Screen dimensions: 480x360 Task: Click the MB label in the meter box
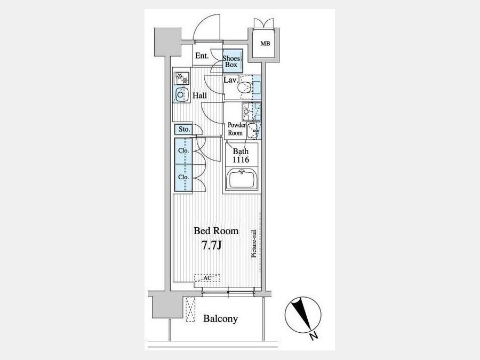click(x=265, y=44)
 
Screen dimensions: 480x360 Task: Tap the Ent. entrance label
click(x=202, y=55)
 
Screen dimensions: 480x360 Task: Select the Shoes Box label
click(x=231, y=61)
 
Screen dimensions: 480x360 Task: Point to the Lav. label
click(x=231, y=80)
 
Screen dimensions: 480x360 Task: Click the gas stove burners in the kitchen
click(x=181, y=78)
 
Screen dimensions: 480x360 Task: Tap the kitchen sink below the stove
click(x=181, y=94)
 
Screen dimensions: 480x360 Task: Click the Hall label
click(x=199, y=95)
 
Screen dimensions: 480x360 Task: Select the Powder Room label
click(x=236, y=129)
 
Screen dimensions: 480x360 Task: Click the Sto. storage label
click(x=184, y=129)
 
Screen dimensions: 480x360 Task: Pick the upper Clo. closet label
click(x=183, y=150)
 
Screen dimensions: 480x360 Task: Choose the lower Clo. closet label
click(x=183, y=177)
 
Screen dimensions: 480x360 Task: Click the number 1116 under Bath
click(x=241, y=159)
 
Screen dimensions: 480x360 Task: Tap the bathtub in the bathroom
click(x=242, y=179)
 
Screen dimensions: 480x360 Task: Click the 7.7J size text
click(x=212, y=245)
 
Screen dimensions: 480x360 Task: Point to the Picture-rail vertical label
click(x=254, y=243)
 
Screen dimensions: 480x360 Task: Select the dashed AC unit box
click(x=207, y=278)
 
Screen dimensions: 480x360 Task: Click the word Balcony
click(x=220, y=319)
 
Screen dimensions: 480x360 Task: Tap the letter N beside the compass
click(x=314, y=336)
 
